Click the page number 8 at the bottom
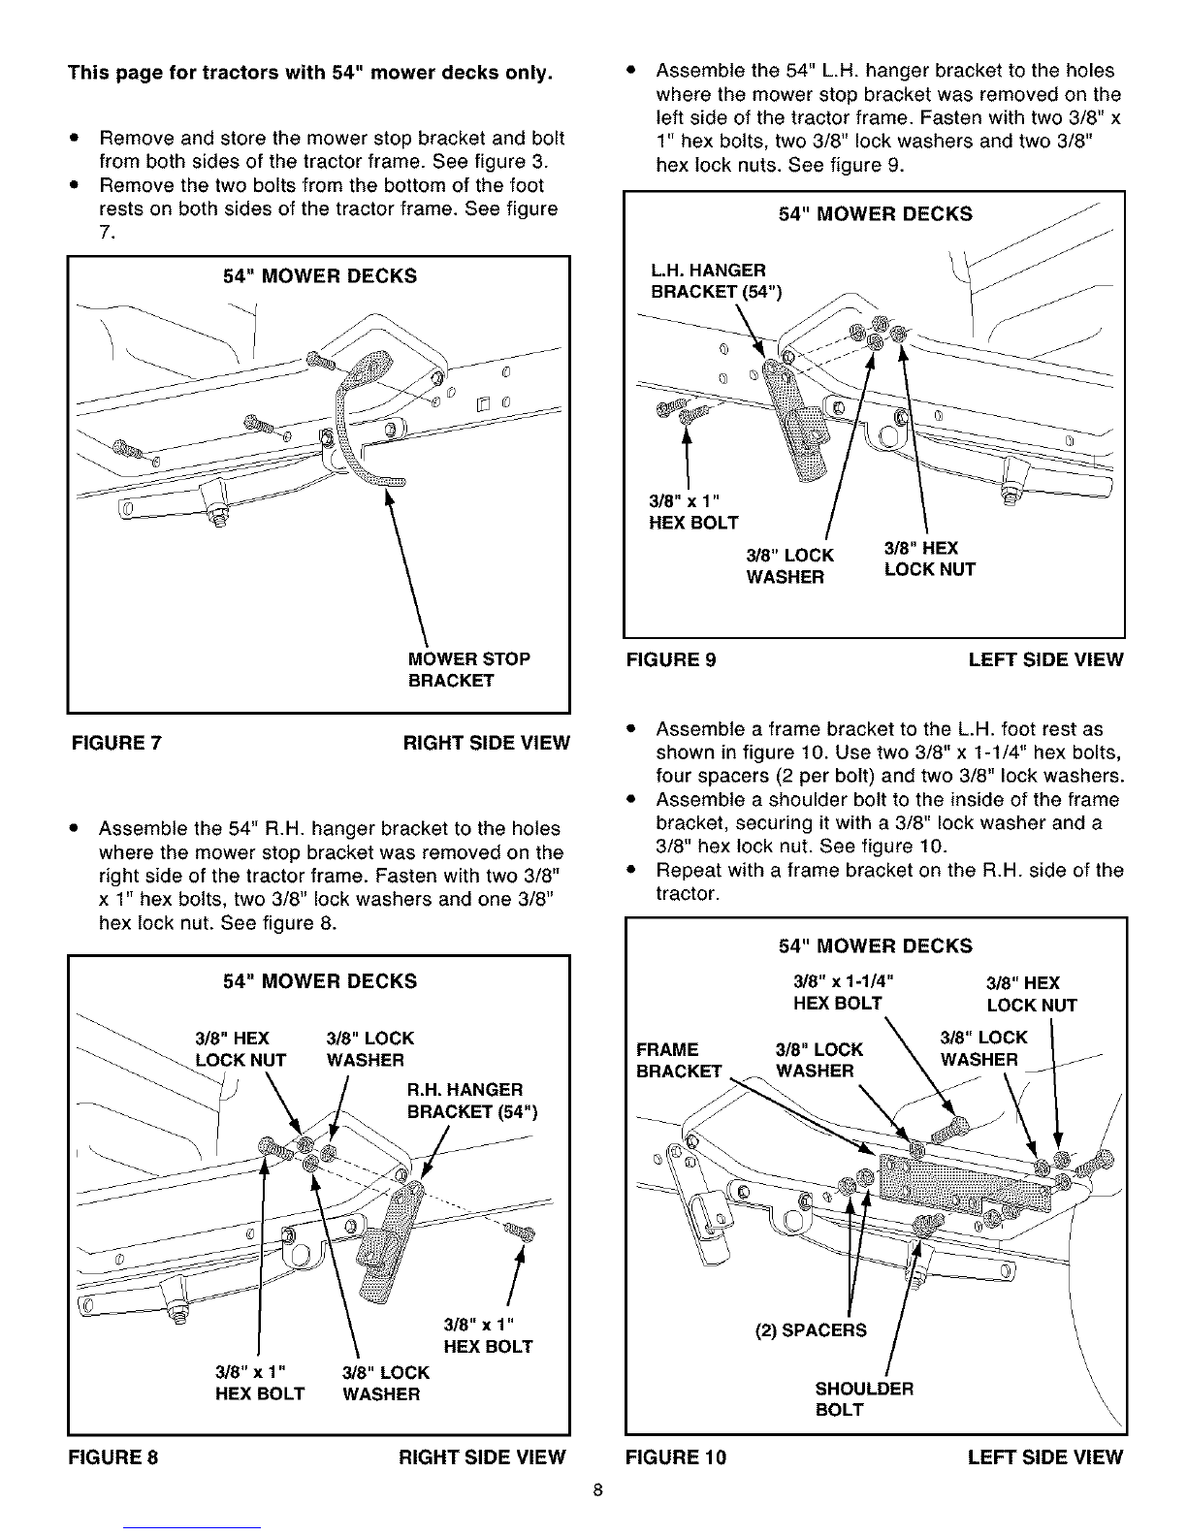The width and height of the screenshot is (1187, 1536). point(597,1490)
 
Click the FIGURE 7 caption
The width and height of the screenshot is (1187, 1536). point(116,743)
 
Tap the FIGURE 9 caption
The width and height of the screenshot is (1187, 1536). point(671,659)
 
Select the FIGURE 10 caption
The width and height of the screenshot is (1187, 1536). point(676,1456)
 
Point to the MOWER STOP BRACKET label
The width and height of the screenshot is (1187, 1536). point(468,669)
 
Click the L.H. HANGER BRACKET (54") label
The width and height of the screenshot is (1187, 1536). point(716,280)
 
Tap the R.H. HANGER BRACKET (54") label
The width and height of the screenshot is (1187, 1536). point(472,1101)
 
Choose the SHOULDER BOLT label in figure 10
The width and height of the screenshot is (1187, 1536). point(864,1399)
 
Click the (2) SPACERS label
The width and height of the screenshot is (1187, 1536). point(810,1330)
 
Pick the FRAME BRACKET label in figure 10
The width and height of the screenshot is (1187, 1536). point(679,1060)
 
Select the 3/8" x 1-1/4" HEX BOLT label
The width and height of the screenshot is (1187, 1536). point(844,992)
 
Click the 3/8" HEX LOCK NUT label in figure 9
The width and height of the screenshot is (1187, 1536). point(930,559)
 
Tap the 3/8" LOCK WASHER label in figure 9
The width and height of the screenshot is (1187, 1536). point(789,566)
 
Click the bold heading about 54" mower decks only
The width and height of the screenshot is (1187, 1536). point(309,73)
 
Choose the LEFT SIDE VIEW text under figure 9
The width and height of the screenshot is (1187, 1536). point(1045,659)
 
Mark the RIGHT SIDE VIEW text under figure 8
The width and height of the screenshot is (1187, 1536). point(482,1456)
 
